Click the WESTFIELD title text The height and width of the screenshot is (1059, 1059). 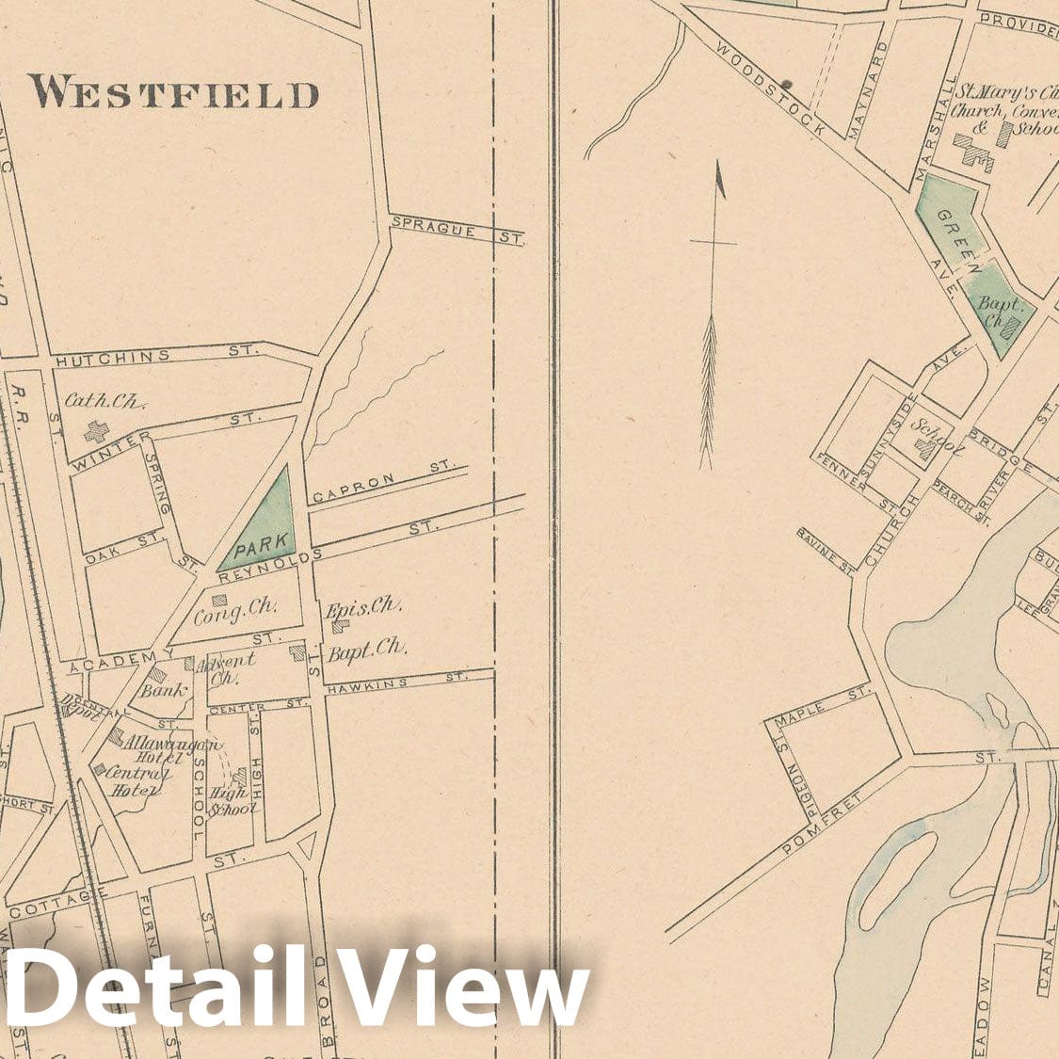coord(173,93)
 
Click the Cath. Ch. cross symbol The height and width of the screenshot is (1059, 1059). coord(96,432)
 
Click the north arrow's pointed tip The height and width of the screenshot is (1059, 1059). coord(720,167)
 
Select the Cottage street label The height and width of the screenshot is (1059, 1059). coord(52,906)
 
